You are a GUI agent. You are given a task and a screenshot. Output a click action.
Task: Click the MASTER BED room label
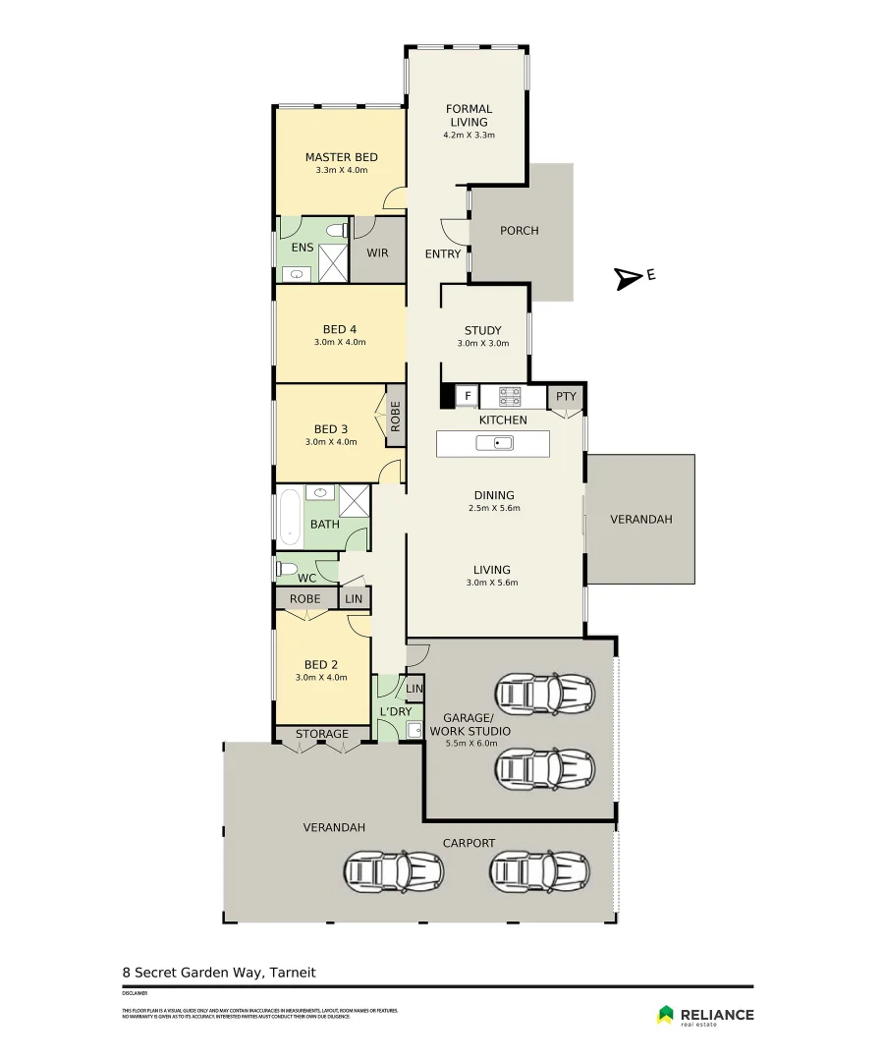pyautogui.click(x=341, y=157)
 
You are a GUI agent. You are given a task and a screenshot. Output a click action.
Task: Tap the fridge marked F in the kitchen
pyautogui.click(x=468, y=397)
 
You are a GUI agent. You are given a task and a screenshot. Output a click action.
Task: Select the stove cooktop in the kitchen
pyautogui.click(x=510, y=397)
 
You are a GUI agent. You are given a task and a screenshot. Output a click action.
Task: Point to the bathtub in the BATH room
pyautogui.click(x=289, y=516)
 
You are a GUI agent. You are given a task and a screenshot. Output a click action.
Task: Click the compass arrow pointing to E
pyautogui.click(x=625, y=279)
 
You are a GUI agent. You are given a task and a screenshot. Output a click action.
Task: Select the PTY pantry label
pyautogui.click(x=566, y=397)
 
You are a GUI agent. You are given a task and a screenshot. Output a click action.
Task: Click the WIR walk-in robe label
pyautogui.click(x=377, y=253)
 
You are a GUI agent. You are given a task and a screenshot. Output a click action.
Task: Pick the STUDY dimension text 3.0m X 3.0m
pyautogui.click(x=482, y=344)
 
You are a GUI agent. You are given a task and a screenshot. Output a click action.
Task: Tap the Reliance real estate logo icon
pyautogui.click(x=665, y=1014)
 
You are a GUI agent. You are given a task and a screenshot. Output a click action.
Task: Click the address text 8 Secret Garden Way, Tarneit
pyautogui.click(x=219, y=973)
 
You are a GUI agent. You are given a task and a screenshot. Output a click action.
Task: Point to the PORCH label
pyautogui.click(x=520, y=231)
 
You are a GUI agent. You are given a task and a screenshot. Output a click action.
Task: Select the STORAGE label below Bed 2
pyautogui.click(x=322, y=734)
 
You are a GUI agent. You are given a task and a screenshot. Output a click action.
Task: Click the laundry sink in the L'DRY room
pyautogui.click(x=414, y=729)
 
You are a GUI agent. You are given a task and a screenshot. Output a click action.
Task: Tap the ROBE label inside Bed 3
pyautogui.click(x=395, y=417)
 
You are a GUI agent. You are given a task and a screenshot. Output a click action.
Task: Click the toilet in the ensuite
pyautogui.click(x=337, y=230)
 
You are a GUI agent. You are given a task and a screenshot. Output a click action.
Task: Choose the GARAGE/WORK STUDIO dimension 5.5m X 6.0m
pyautogui.click(x=477, y=744)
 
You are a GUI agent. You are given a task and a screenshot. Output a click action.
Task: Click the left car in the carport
pyautogui.click(x=392, y=869)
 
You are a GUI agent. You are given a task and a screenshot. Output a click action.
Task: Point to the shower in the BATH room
pyautogui.click(x=353, y=500)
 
